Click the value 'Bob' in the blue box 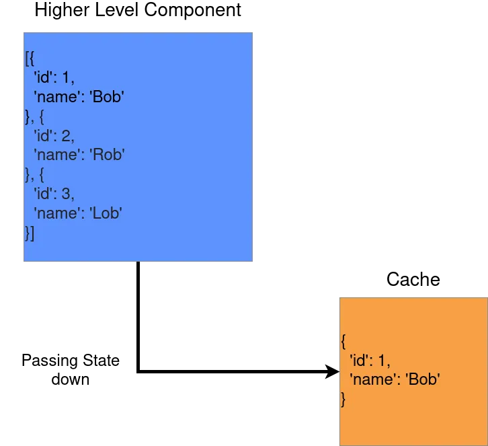click(107, 97)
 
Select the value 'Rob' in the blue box click(108, 155)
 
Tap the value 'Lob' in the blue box click(106, 214)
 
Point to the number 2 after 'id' click(66, 136)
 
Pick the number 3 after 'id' click(66, 194)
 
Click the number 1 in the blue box click(66, 77)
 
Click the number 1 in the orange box click(381, 360)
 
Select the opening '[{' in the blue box click(29, 58)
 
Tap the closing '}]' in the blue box click(29, 233)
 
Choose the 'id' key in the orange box click(360, 360)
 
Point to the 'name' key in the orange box click(373, 379)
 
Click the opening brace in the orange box click(343, 340)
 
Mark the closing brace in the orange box click(343, 399)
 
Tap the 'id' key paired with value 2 click(45, 136)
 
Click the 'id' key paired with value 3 click(45, 194)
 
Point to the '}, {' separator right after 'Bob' click(34, 116)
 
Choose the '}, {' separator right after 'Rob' click(34, 175)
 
